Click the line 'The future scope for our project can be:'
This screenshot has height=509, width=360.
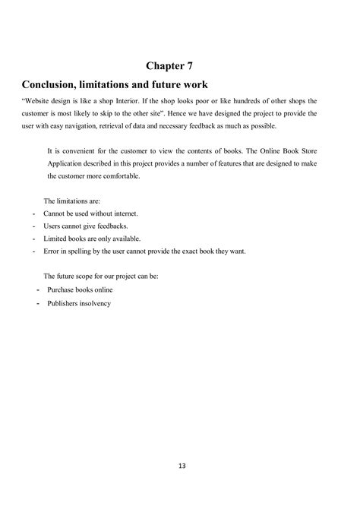pyautogui.click(x=101, y=277)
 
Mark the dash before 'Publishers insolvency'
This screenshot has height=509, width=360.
pyautogui.click(x=37, y=303)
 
